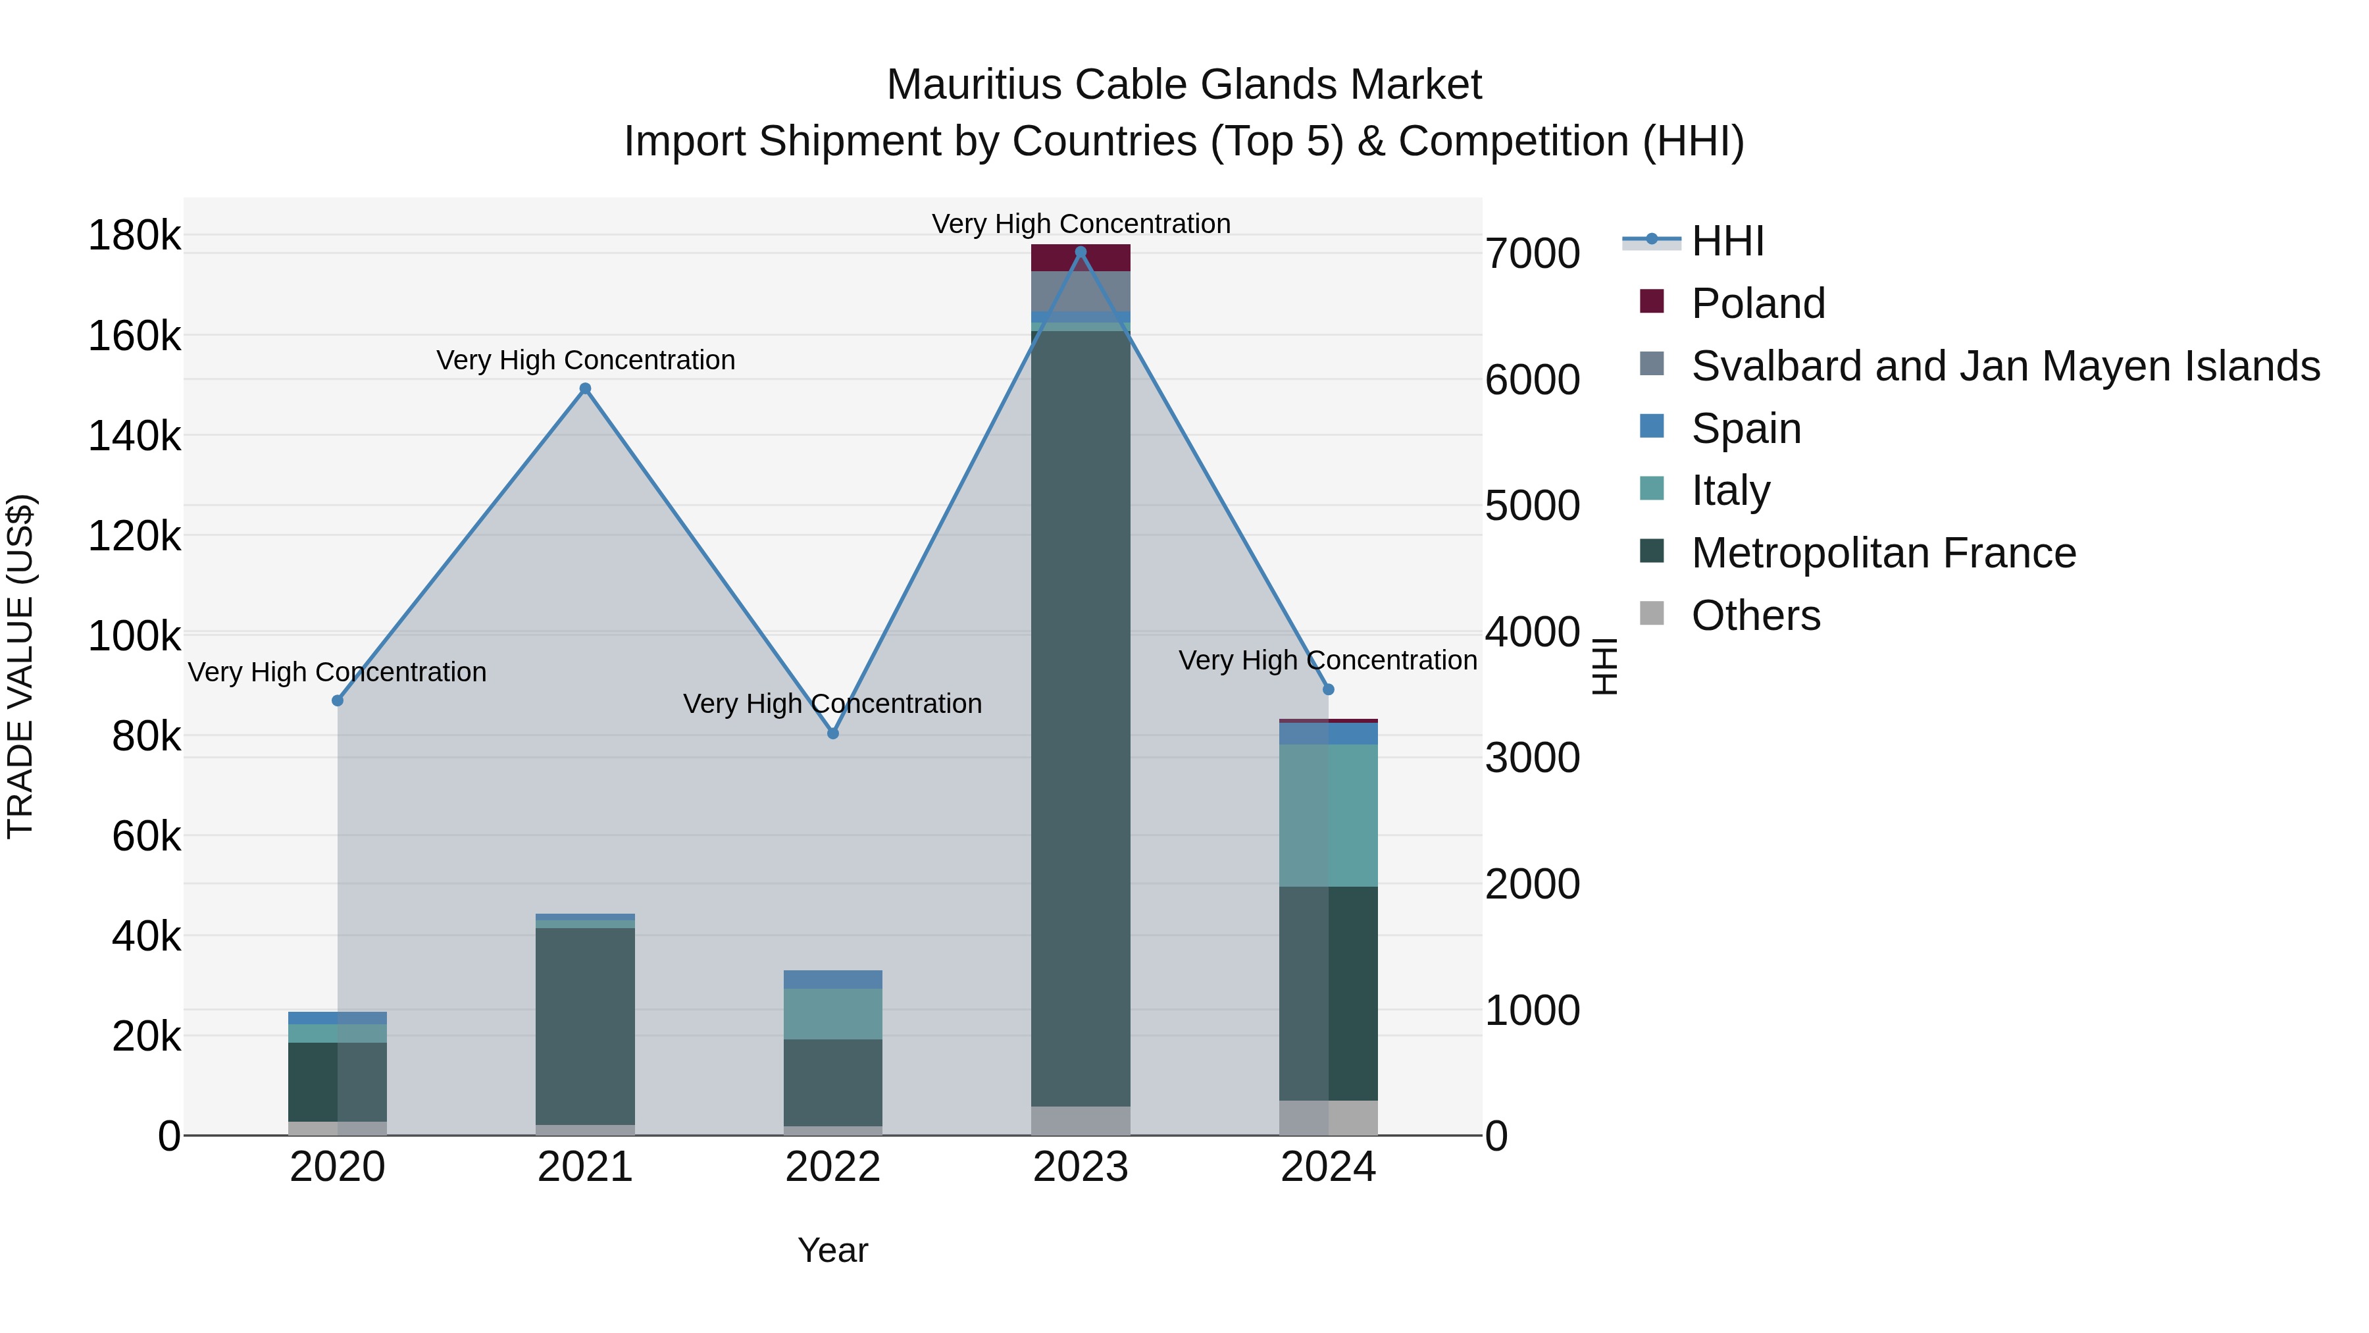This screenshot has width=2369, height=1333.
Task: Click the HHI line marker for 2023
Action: (x=1081, y=252)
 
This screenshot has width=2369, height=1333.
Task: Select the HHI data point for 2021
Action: (x=585, y=388)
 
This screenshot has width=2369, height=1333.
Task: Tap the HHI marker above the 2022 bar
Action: (x=833, y=733)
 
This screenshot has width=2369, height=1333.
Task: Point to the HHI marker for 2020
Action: (x=338, y=701)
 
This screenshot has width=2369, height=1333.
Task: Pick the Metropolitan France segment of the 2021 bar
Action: (x=585, y=1026)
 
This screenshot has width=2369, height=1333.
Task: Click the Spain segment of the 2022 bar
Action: (x=833, y=979)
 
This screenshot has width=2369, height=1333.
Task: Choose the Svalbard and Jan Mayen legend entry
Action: (x=2005, y=366)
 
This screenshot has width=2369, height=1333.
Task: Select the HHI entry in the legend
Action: (x=1727, y=241)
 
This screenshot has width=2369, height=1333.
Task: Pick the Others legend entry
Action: (x=1754, y=615)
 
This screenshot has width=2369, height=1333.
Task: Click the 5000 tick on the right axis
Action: (x=1532, y=506)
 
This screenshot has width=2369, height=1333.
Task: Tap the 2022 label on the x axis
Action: (x=833, y=1167)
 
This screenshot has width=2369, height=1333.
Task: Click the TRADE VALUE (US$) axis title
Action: (x=20, y=666)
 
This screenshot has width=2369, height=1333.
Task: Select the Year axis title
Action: (x=833, y=1250)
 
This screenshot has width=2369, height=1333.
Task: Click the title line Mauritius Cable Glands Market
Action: (x=1184, y=85)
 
